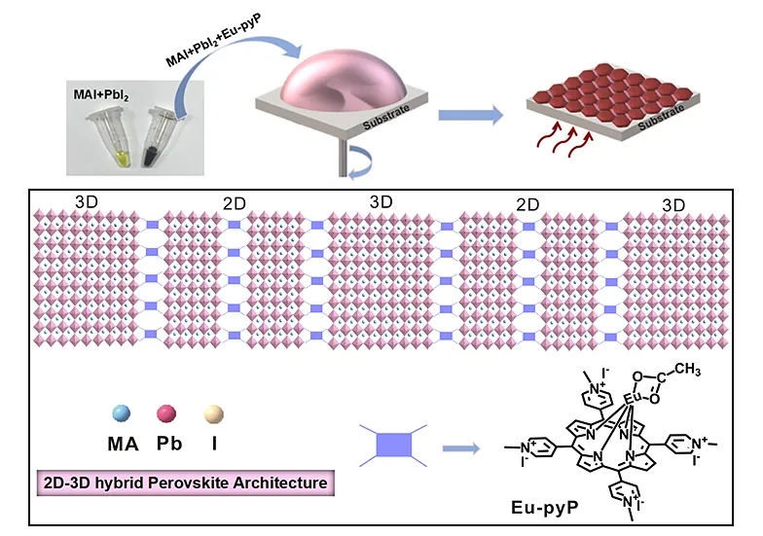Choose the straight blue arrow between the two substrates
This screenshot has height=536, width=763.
pos(471,116)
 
